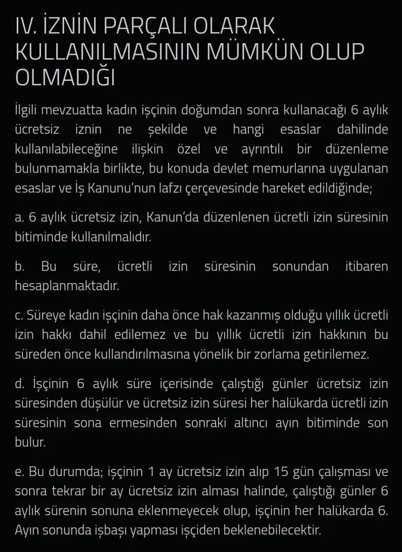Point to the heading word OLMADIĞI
(x=65, y=77)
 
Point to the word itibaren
(x=366, y=266)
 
